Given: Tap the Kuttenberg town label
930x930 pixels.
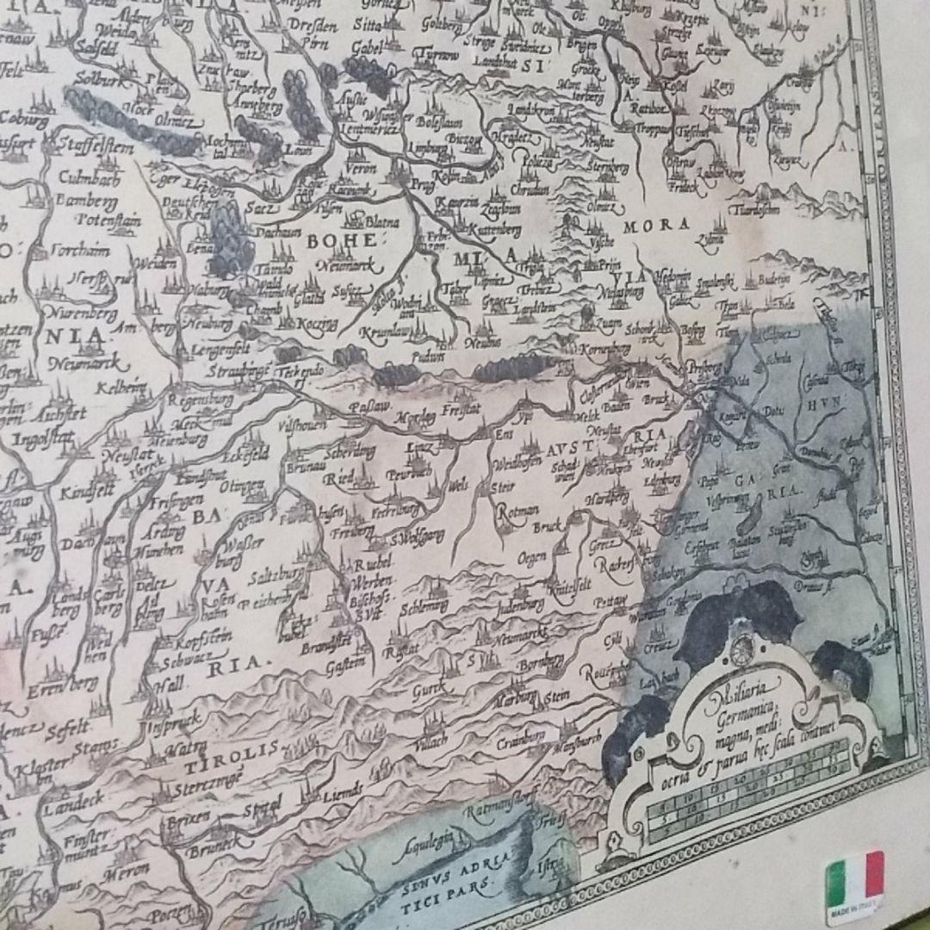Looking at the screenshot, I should pyautogui.click(x=493, y=230).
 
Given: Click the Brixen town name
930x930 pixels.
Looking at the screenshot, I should pyautogui.click(x=189, y=817).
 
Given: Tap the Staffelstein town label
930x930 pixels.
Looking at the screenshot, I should pyautogui.click(x=96, y=148).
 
